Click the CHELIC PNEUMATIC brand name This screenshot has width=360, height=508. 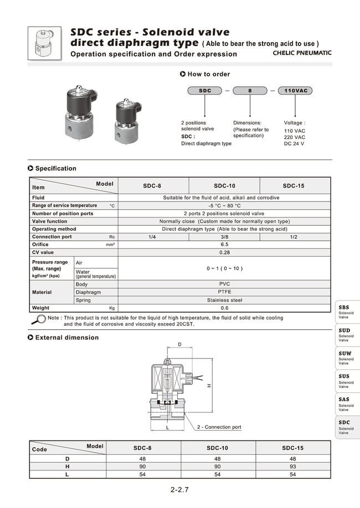point(302,53)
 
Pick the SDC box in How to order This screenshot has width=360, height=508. point(204,90)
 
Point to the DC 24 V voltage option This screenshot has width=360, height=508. point(294,144)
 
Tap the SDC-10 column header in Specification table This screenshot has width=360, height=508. point(224,186)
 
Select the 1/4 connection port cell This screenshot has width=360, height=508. point(153,237)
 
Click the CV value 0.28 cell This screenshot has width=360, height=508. point(224,252)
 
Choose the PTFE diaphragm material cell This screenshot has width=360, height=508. point(224,292)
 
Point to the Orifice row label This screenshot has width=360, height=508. point(40,245)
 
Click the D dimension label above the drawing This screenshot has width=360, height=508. point(179,345)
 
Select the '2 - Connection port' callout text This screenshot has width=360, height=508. point(219,427)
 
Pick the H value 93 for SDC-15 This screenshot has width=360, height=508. point(292,466)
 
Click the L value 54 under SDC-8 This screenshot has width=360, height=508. point(142,475)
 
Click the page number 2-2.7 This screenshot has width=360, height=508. point(180,490)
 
